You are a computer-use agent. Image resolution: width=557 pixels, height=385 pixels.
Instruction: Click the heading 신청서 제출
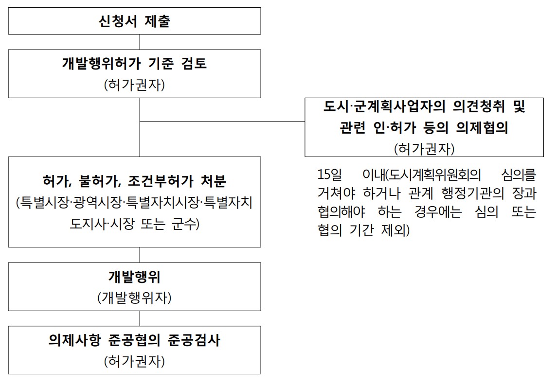click(134, 21)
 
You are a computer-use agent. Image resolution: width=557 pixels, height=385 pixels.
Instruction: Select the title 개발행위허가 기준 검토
click(134, 64)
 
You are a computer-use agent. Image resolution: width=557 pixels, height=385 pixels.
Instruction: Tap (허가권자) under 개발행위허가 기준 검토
click(134, 85)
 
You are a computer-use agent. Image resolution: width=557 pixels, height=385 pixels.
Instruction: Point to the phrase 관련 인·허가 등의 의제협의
click(424, 127)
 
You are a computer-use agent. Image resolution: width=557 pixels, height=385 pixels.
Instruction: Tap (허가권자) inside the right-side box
click(424, 148)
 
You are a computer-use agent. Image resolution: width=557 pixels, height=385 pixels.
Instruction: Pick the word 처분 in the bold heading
click(214, 181)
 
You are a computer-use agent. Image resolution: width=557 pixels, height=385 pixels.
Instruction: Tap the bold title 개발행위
click(134, 277)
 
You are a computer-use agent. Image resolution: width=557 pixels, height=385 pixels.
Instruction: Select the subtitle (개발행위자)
click(134, 297)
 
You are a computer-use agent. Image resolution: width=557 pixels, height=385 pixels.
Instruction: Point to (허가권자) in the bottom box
click(134, 361)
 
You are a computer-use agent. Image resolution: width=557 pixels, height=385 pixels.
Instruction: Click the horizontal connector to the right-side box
click(222, 121)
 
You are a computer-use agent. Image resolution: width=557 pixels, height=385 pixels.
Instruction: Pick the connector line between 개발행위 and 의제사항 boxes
click(140, 318)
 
